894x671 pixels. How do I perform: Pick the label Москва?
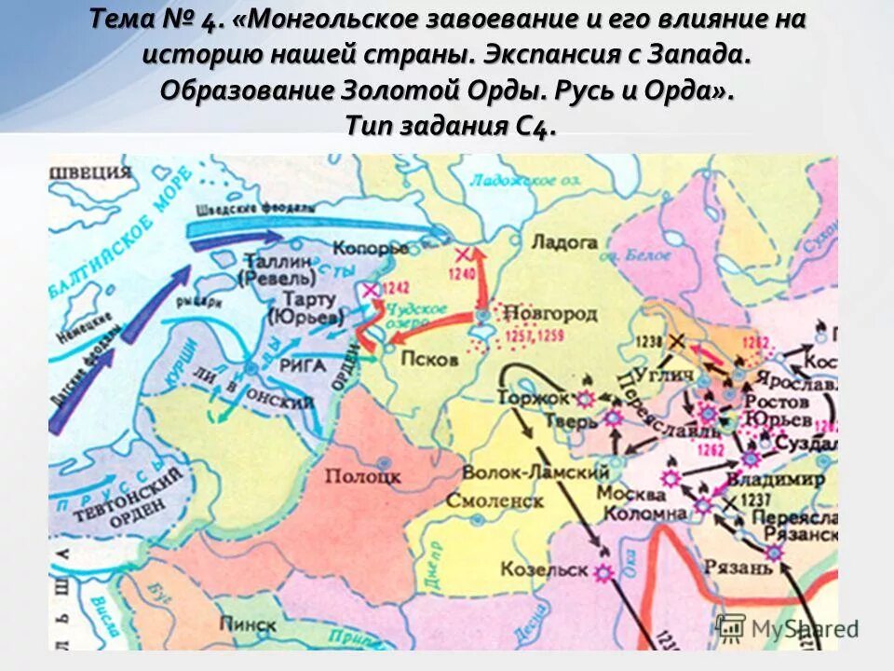tap(631, 492)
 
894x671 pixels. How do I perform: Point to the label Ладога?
tap(563, 242)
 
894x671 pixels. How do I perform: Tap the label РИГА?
tap(303, 366)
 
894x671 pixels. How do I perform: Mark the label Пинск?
tap(249, 624)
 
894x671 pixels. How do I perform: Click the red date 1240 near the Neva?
tap(460, 275)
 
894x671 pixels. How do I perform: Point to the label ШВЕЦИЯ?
tap(89, 171)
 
